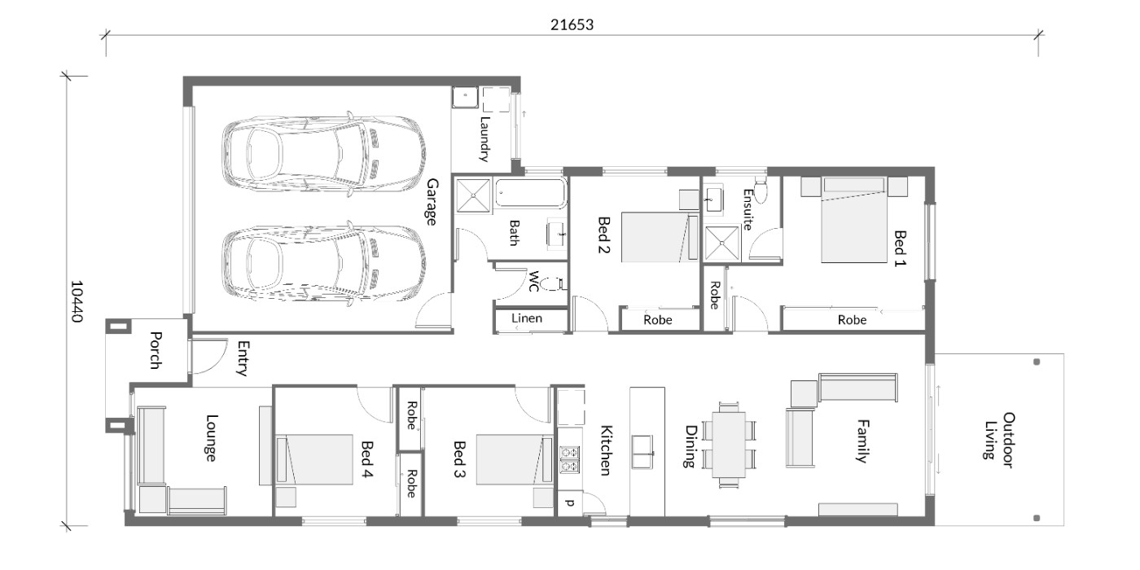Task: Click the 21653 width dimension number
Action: click(572, 24)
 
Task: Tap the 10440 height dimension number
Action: click(77, 301)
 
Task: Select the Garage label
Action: click(432, 202)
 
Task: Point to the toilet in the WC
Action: click(553, 284)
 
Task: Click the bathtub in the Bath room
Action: click(531, 193)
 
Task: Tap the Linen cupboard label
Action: click(527, 318)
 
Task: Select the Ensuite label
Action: click(748, 210)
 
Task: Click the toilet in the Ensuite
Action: click(761, 190)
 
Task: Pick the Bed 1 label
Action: click(900, 248)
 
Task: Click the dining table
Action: click(729, 445)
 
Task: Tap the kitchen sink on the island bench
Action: click(642, 452)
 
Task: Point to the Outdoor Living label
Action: click(998, 441)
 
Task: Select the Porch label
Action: click(156, 351)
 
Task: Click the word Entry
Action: click(243, 358)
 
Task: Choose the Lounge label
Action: click(211, 438)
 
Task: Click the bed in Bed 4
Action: click(314, 459)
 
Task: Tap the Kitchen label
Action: click(606, 450)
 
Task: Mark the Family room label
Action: click(862, 441)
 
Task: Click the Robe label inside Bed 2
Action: click(658, 320)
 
